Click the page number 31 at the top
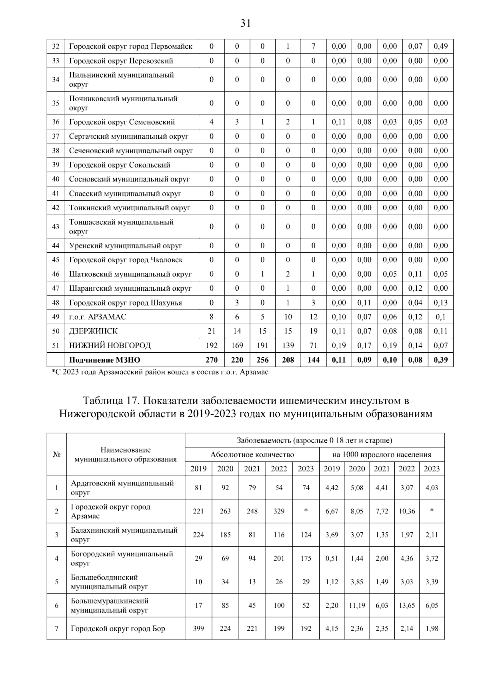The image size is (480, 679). coord(245,23)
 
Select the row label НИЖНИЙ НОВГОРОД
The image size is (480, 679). coord(110,345)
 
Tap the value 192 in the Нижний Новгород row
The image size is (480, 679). coord(211,345)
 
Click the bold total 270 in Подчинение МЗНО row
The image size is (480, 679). coord(211,359)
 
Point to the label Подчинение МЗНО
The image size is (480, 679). coord(104,359)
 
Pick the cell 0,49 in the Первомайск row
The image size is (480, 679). coord(440,46)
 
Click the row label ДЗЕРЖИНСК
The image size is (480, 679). coord(93,331)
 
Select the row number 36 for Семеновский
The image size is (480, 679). coord(56,122)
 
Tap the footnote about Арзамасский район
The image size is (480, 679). coord(160,372)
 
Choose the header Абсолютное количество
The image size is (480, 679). coord(252,454)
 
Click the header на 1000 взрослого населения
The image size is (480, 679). coord(382,454)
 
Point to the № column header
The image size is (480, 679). coord(56,454)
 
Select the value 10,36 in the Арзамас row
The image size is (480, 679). coord(406,511)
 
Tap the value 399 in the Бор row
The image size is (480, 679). coord(198,628)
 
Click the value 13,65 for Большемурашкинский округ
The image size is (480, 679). coord(406,605)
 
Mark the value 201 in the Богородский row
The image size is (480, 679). coord(279,558)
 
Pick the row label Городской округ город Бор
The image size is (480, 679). coord(118,628)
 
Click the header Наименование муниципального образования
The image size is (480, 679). coord(126,454)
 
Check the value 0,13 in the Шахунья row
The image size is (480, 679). coord(440,303)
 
